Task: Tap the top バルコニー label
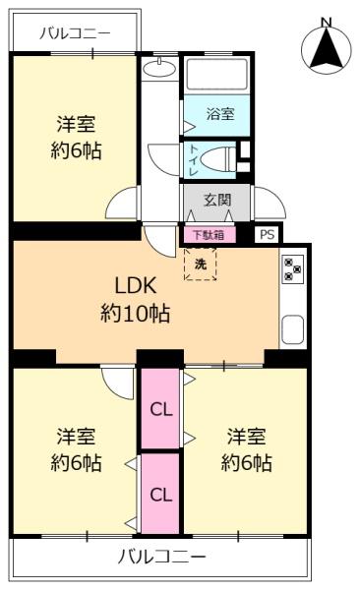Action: coord(75,32)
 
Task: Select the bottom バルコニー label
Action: coord(162,558)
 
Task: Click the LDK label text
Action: coord(135,286)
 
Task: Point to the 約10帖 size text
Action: coord(135,315)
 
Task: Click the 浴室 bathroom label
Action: coord(220,114)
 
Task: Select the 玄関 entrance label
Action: coord(217,201)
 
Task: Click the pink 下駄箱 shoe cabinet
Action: coord(207,235)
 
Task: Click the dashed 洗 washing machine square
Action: coord(201,264)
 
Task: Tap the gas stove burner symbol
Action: coord(292,269)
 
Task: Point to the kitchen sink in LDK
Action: coord(292,329)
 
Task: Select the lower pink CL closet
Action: coord(159,494)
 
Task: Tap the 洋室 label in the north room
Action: coord(76,125)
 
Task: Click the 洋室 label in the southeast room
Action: coord(246,436)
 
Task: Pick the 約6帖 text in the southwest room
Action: coord(76,463)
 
